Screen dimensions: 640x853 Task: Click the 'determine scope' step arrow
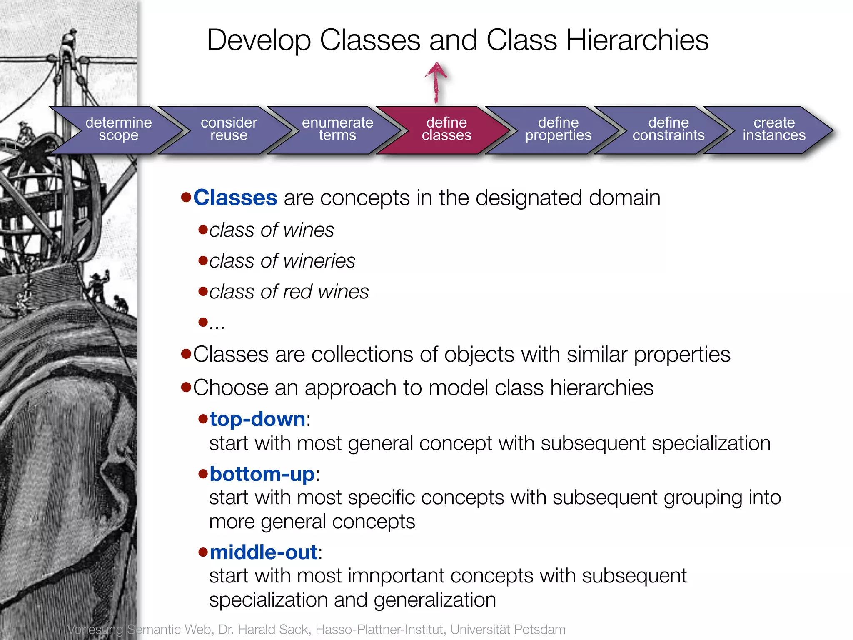point(118,129)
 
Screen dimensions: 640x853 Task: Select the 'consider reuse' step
point(229,129)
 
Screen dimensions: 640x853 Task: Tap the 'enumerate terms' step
point(337,129)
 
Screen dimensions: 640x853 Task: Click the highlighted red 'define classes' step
point(446,129)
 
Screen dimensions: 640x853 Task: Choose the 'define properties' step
point(558,129)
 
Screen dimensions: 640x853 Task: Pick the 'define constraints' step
point(668,129)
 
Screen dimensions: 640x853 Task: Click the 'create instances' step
point(774,129)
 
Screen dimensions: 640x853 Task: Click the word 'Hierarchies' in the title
point(637,40)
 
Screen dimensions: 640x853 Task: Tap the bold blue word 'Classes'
point(235,197)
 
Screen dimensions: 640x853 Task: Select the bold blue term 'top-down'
point(257,419)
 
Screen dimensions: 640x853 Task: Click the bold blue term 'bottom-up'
point(262,474)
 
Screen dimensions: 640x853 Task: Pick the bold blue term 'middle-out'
point(263,552)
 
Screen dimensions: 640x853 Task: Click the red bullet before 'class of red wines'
point(203,291)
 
